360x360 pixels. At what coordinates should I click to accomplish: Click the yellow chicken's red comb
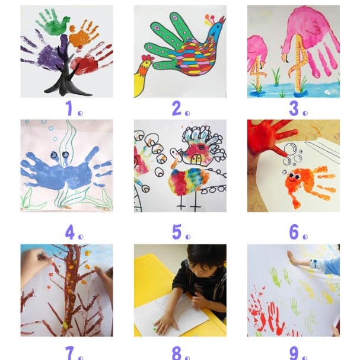click(147, 58)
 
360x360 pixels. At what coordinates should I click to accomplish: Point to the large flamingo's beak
click(285, 57)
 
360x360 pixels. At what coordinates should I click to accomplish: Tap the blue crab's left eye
click(54, 155)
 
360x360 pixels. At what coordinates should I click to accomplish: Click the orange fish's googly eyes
click(294, 176)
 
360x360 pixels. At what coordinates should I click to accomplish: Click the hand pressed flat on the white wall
click(293, 259)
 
